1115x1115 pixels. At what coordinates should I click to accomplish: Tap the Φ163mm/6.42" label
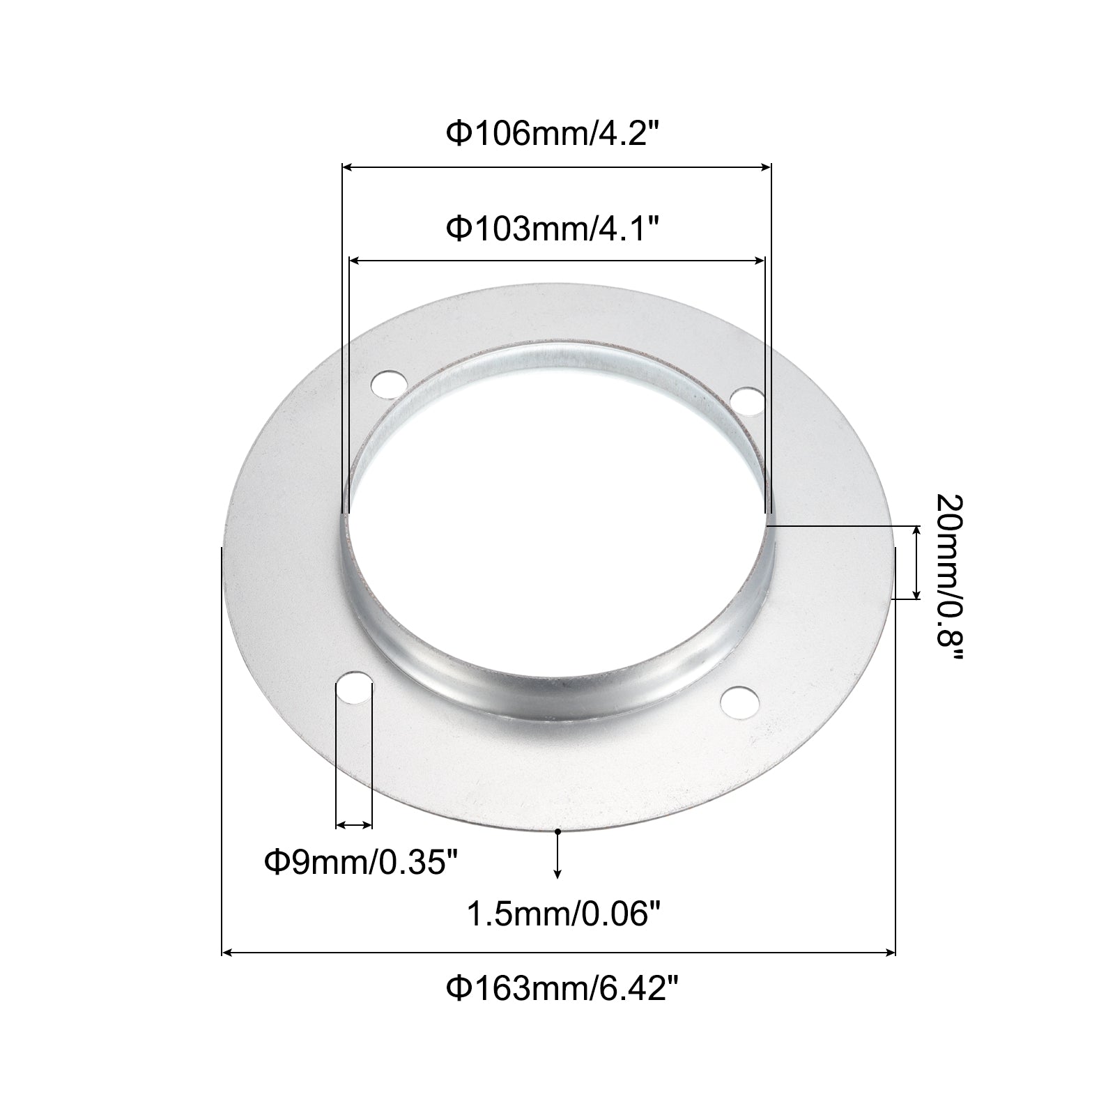pyautogui.click(x=561, y=988)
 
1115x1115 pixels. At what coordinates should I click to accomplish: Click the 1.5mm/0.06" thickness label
pyautogui.click(x=562, y=914)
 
